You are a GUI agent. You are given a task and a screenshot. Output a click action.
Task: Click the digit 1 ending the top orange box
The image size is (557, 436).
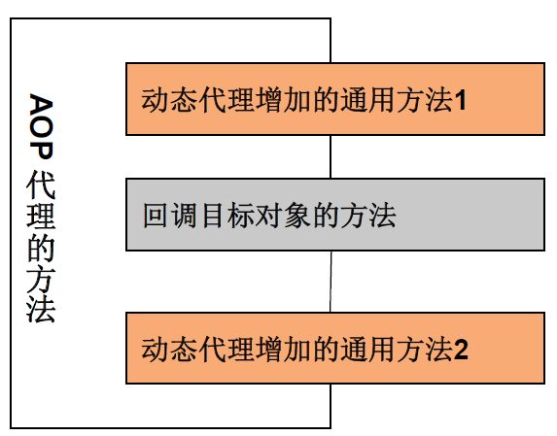pyautogui.click(x=461, y=101)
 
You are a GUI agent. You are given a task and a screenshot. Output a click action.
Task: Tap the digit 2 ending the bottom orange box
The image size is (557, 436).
pyautogui.click(x=461, y=350)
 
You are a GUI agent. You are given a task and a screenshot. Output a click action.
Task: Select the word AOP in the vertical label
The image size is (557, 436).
pyautogui.click(x=42, y=126)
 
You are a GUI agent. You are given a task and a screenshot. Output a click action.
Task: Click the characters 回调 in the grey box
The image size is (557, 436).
pyautogui.click(x=170, y=216)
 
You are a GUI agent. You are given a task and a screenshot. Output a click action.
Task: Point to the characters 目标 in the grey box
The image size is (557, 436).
pyautogui.click(x=227, y=216)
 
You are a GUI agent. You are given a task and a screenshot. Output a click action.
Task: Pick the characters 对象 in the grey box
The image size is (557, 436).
pyautogui.click(x=284, y=216)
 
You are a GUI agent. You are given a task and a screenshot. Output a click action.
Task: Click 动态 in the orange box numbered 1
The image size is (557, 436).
pyautogui.click(x=169, y=101)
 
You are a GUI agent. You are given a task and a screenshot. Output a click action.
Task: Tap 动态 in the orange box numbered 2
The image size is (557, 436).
pyautogui.click(x=169, y=350)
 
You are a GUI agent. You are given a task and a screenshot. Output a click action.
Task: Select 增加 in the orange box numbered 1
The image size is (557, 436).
pyautogui.click(x=284, y=101)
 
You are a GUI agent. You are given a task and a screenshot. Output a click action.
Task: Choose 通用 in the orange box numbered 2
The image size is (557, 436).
pyautogui.click(x=368, y=350)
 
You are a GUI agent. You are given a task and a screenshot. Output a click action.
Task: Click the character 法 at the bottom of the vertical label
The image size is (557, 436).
pyautogui.click(x=41, y=309)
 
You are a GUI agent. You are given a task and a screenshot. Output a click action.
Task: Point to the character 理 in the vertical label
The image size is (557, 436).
pyautogui.click(x=41, y=216)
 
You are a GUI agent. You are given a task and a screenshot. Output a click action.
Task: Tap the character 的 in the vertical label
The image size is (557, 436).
pyautogui.click(x=41, y=248)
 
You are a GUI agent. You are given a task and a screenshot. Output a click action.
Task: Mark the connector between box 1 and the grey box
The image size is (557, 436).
pyautogui.click(x=331, y=156)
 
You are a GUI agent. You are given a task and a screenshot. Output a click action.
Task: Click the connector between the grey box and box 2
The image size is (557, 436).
pyautogui.click(x=331, y=282)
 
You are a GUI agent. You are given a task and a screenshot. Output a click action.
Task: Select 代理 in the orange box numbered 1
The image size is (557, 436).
pyautogui.click(x=226, y=101)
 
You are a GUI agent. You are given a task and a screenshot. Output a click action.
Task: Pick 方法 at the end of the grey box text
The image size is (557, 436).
pyautogui.click(x=368, y=216)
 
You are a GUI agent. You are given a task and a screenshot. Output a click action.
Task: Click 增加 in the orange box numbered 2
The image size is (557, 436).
pyautogui.click(x=284, y=350)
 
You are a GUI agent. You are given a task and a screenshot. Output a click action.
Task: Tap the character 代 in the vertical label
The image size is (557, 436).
pyautogui.click(x=41, y=184)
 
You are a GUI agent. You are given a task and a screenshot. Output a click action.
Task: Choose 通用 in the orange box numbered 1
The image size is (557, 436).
pyautogui.click(x=368, y=101)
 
